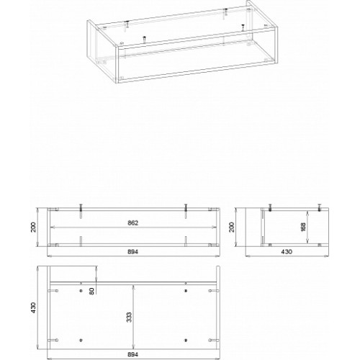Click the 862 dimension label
[133, 223]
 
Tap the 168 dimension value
[303, 227]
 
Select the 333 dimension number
[129, 318]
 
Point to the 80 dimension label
[92, 291]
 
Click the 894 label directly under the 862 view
[133, 252]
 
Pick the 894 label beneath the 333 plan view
[133, 354]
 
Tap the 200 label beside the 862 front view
[33, 227]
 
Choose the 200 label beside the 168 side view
[231, 227]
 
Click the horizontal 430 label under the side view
[287, 251]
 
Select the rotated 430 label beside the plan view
[33, 307]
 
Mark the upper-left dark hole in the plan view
[81, 291]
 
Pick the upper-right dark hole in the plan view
[185, 291]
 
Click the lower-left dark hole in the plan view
[81, 340]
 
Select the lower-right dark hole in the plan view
[185, 340]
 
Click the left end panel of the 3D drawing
[103, 52]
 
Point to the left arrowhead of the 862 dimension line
[52, 227]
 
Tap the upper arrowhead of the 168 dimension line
[307, 213]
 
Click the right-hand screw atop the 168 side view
[319, 207]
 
